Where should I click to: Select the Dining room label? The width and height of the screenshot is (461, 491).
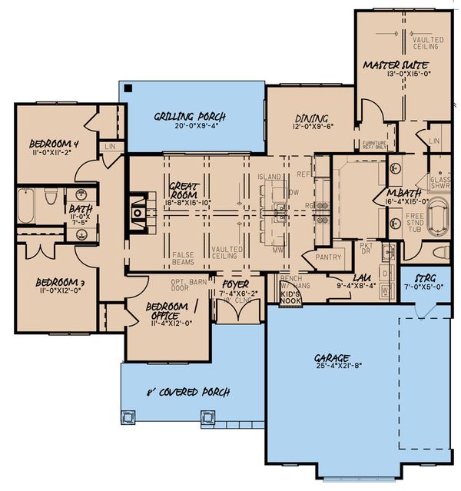pos(311,118)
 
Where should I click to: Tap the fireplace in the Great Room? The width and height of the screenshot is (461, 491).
pos(138,211)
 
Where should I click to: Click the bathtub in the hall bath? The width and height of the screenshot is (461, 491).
pos(26,206)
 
